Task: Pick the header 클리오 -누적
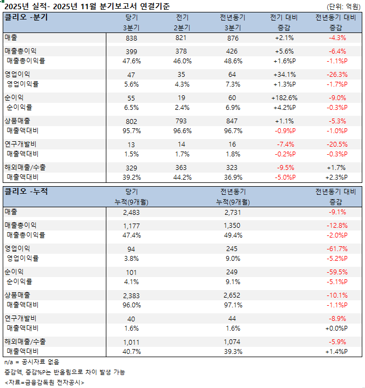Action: [26, 192]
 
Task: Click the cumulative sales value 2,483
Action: [131, 212]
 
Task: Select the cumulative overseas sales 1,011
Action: [131, 342]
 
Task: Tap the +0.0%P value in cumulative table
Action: [336, 328]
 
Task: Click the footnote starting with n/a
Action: [32, 361]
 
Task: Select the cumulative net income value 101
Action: [131, 272]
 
